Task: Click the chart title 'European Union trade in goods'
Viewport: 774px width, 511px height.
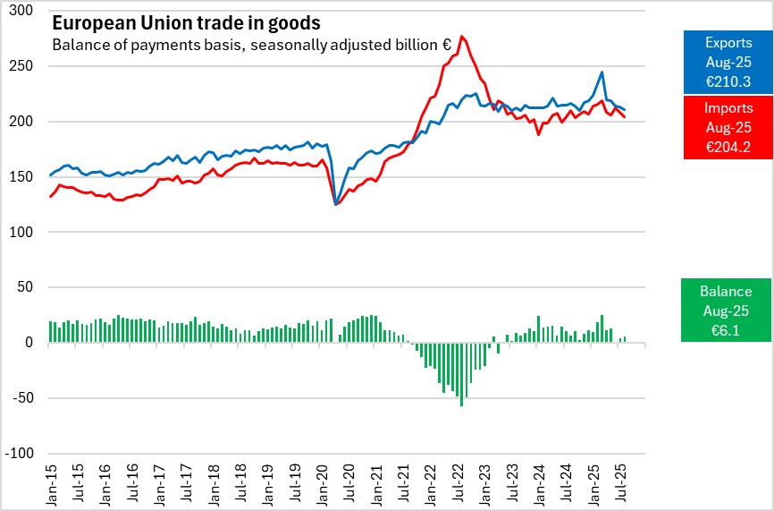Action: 186,21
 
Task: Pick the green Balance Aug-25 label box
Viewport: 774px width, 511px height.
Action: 725,310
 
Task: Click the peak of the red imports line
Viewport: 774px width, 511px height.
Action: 461,37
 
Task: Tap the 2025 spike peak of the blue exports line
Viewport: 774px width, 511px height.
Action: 602,72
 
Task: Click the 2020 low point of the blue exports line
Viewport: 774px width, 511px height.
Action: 336,204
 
